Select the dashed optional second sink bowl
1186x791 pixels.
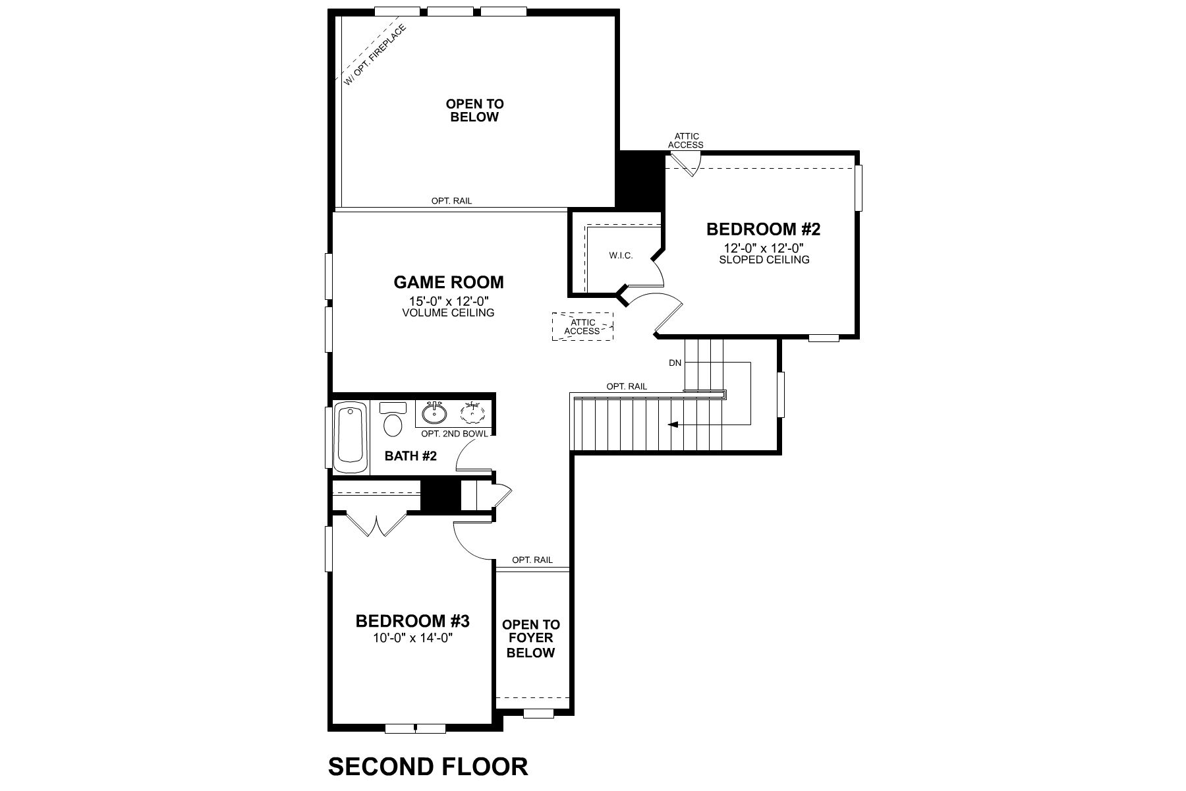(473, 413)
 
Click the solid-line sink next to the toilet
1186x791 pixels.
(434, 413)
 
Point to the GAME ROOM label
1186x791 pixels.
(449, 282)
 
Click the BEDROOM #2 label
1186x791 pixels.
(763, 229)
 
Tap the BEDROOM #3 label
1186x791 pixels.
(412, 621)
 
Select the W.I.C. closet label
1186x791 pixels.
(620, 255)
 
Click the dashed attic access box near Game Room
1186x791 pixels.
(582, 326)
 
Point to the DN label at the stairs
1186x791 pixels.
(675, 363)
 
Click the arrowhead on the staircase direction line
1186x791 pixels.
(672, 425)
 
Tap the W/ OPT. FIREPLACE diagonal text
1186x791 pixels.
(374, 55)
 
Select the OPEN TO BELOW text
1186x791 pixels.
(474, 110)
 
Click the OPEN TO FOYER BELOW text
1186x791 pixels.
(531, 638)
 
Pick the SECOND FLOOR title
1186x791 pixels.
(428, 767)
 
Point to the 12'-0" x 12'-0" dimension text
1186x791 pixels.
(764, 249)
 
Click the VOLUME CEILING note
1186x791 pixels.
(448, 312)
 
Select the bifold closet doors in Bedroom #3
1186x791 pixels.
(376, 525)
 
